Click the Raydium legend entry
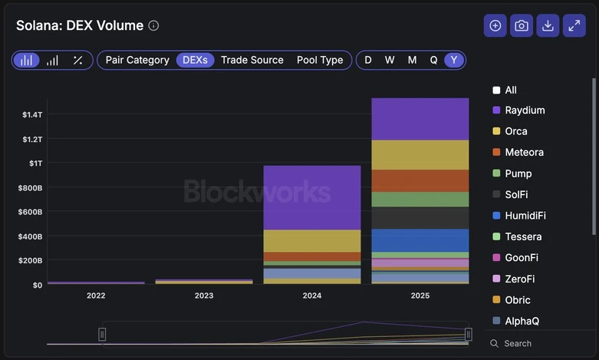point(525,110)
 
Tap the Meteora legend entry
point(524,152)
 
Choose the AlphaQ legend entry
point(522,321)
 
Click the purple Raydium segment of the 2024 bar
point(311,197)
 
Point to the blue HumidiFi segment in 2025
point(420,240)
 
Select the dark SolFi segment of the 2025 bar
point(420,218)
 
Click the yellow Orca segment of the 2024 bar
point(311,241)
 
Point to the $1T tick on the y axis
point(35,163)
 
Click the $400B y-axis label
point(31,236)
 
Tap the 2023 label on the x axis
point(204,296)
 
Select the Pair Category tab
point(137,60)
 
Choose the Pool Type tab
point(320,60)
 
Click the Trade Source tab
point(252,60)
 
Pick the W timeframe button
point(390,60)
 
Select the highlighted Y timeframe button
point(454,60)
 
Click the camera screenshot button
point(522,25)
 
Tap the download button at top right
point(548,25)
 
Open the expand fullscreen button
point(574,25)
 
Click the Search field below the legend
point(537,343)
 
